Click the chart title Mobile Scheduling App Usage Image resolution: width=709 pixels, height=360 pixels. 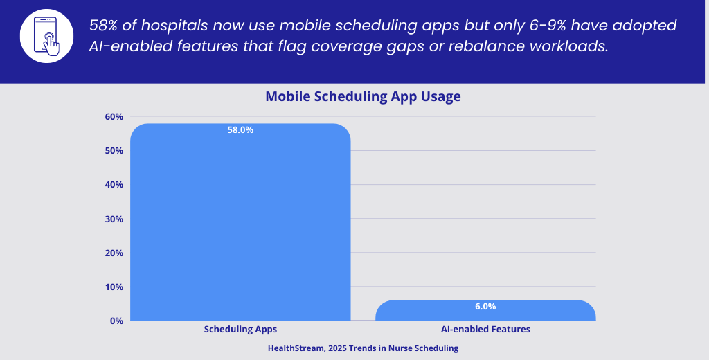(x=363, y=96)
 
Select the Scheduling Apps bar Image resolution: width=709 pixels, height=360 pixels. (x=240, y=222)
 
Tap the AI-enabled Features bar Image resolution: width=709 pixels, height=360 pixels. (x=485, y=311)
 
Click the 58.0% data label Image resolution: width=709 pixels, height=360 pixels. (x=240, y=129)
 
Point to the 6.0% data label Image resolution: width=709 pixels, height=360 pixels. (x=485, y=306)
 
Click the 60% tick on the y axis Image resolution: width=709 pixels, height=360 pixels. (x=114, y=117)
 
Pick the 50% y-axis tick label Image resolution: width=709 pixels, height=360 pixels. (x=114, y=151)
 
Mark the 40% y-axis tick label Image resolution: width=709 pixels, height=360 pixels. (x=114, y=185)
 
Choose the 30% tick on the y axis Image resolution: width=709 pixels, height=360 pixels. (x=114, y=219)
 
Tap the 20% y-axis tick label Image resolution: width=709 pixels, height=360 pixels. (x=114, y=253)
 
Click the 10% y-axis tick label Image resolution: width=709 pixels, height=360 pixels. (x=114, y=287)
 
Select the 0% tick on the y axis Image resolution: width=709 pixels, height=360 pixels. (x=116, y=321)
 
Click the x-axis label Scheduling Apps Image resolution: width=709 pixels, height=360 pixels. (x=240, y=330)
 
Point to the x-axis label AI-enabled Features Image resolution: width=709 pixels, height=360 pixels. (x=485, y=330)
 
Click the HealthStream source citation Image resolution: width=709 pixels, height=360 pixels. (x=363, y=349)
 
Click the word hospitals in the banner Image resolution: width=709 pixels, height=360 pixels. (x=178, y=26)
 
